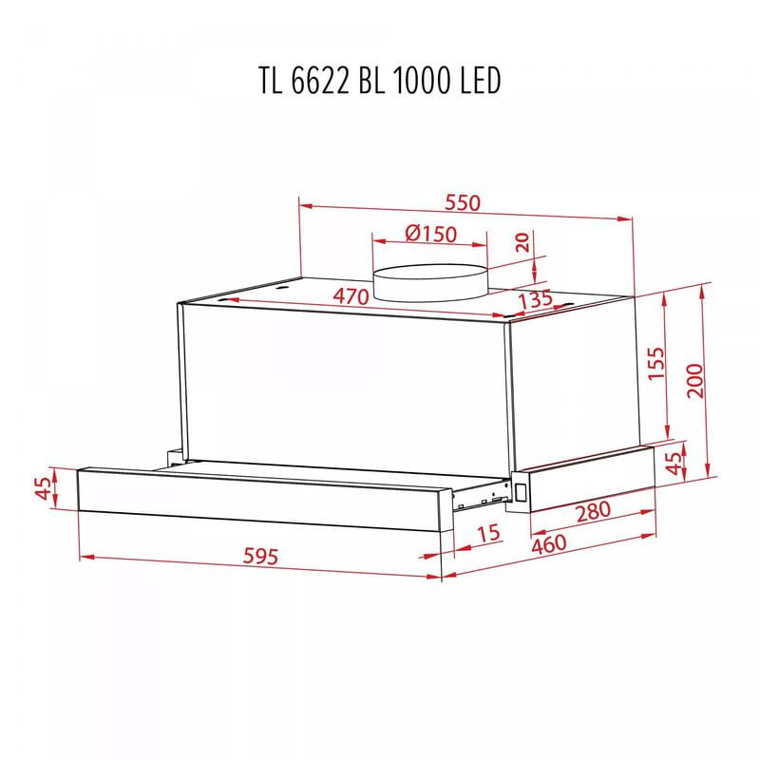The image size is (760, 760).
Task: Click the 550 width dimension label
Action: coord(464,203)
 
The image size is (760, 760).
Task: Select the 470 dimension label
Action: coord(350,295)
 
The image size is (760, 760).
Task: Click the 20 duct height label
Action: coord(522,242)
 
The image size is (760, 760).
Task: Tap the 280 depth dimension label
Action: coord(594,510)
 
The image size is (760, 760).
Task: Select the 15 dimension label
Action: coord(487,533)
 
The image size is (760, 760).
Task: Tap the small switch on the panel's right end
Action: coord(520,491)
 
